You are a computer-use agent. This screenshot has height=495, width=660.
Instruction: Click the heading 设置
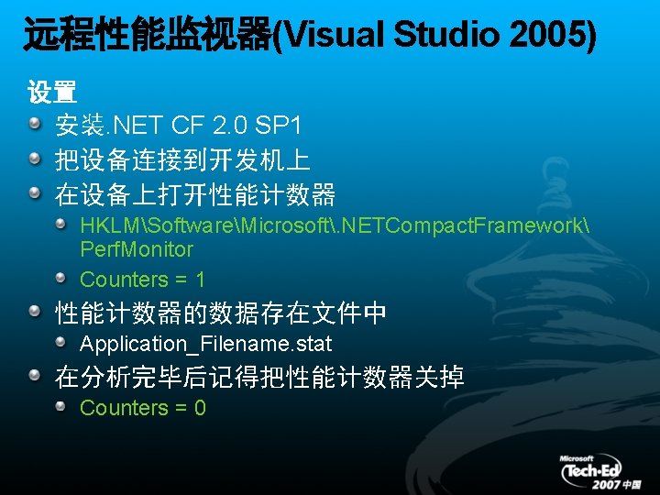(52, 93)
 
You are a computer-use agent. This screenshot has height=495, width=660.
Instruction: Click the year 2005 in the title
(555, 36)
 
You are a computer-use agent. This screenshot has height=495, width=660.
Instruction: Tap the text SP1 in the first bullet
(277, 125)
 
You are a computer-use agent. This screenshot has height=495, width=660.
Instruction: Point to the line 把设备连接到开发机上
(182, 160)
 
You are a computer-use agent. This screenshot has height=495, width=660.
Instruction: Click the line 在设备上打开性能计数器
(195, 195)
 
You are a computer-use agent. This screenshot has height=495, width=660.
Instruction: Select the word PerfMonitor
(137, 249)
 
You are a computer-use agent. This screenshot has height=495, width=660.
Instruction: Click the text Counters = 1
(142, 280)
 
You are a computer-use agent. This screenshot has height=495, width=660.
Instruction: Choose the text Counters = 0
(142, 408)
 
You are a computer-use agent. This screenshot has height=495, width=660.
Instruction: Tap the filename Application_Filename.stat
(205, 345)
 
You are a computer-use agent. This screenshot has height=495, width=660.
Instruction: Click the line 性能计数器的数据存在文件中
(221, 314)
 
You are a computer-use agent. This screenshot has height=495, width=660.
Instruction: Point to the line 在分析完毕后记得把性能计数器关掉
(259, 377)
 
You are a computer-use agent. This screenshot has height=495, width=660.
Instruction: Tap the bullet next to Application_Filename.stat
(60, 343)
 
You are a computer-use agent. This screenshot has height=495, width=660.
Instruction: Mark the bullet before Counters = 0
(60, 406)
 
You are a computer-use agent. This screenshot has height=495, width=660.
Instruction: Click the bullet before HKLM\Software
(60, 223)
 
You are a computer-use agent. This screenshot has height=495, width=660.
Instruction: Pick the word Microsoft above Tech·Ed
(577, 458)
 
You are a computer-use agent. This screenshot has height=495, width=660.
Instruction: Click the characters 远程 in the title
(49, 36)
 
